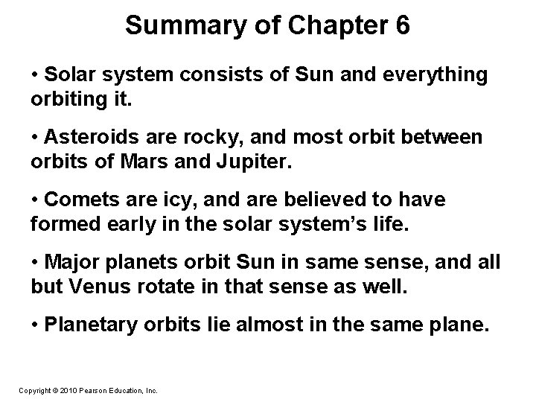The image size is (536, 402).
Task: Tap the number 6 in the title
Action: tap(401, 25)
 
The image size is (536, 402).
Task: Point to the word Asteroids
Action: tap(88, 137)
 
